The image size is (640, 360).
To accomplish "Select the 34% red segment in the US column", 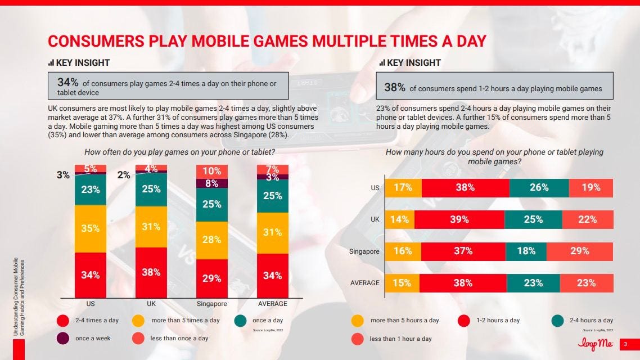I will pos(91,274).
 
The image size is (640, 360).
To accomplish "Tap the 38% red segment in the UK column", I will pos(151,272).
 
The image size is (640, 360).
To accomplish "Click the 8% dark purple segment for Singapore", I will pos(212,182).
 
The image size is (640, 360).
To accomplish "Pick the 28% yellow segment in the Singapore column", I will pos(212,240).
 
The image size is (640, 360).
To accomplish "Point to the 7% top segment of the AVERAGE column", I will pos(273,169).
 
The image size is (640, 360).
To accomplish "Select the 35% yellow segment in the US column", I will pos(91,228).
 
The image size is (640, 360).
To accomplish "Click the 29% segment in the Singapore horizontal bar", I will pos(578,251).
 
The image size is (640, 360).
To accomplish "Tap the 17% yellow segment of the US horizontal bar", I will pos(402,188).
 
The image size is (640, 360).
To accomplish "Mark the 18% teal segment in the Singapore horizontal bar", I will pos(526,251).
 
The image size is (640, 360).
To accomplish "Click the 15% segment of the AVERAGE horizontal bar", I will pos(402,283).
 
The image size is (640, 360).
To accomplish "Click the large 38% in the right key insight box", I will pos(394,87).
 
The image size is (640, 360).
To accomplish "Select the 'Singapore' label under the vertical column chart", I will pos(212,304).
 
